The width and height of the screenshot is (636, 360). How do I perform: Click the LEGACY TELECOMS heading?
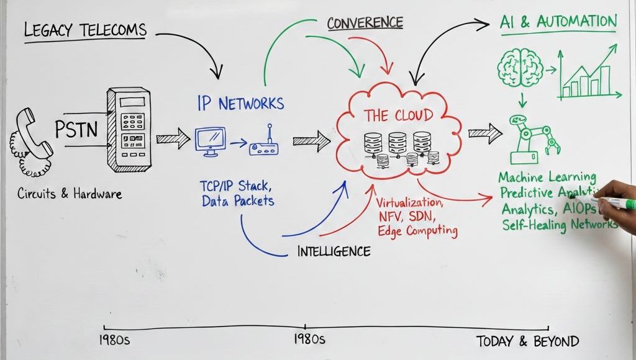[x=85, y=30]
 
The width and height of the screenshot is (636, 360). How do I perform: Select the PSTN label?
[x=78, y=131]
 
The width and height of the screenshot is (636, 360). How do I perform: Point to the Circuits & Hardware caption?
[x=69, y=194]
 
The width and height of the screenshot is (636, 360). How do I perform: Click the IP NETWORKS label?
[x=240, y=103]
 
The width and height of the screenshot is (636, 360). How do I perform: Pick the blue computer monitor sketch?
[x=210, y=140]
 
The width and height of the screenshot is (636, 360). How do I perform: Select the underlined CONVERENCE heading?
[x=365, y=23]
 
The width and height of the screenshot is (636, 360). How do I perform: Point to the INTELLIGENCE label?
[x=334, y=251]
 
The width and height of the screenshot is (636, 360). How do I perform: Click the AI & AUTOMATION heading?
[x=558, y=22]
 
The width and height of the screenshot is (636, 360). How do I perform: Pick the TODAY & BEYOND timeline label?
[x=527, y=341]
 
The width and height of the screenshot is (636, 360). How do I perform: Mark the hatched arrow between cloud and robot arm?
[x=484, y=133]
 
